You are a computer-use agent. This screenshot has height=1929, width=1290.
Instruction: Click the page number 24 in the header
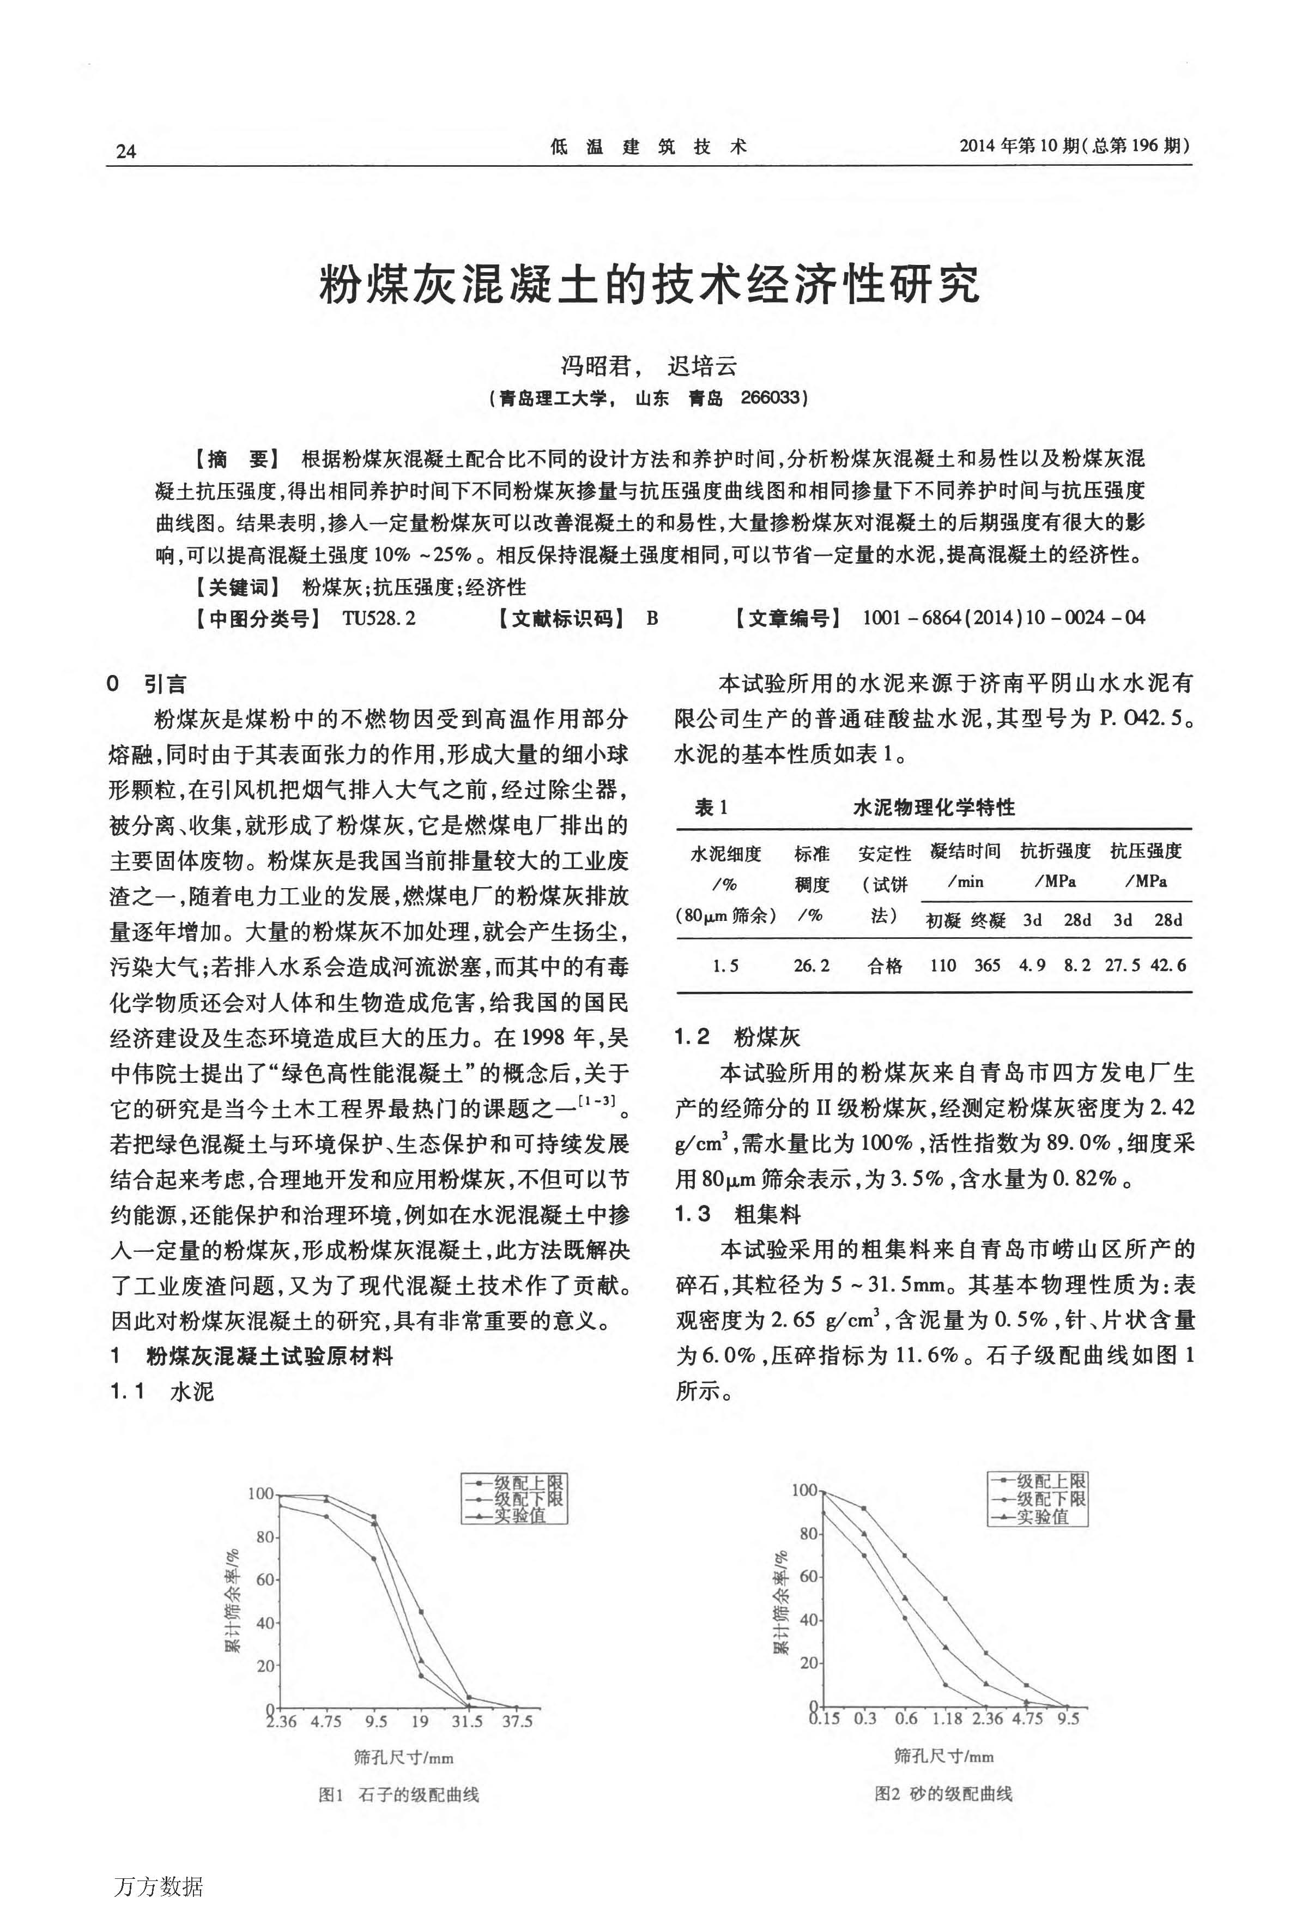point(126,150)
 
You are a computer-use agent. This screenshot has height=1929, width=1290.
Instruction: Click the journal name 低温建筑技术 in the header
point(649,147)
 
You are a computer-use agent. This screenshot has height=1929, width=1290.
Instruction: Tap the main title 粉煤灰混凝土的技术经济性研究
point(649,284)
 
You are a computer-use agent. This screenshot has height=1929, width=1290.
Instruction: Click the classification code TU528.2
point(378,618)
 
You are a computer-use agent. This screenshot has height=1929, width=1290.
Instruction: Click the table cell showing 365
point(987,966)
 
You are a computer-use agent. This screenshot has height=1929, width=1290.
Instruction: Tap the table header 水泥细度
point(725,853)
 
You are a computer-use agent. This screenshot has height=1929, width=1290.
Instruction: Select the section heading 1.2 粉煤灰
point(737,1037)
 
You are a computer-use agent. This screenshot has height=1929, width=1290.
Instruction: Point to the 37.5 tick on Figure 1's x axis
point(518,1721)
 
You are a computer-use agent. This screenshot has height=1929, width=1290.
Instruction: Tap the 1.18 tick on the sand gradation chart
point(947,1719)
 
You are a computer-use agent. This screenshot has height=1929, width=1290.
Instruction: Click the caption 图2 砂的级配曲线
point(943,1793)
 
